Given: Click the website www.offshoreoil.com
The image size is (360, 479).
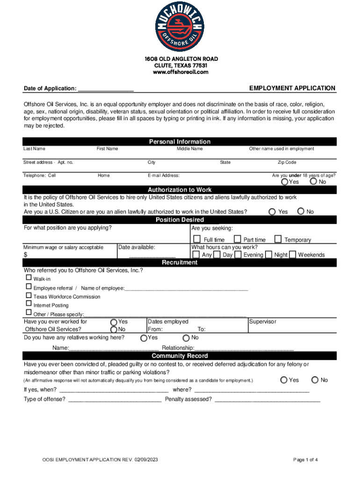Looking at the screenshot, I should pyautogui.click(x=180, y=73).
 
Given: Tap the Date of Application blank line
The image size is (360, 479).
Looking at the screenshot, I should pyautogui.click(x=106, y=89).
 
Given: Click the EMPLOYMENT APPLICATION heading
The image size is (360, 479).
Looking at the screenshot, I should pyautogui.click(x=292, y=88).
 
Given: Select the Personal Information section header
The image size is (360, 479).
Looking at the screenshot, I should pyautogui.click(x=180, y=142).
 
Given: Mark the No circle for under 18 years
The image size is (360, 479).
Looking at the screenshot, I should pyautogui.click(x=313, y=181).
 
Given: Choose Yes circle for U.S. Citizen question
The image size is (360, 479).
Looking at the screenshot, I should pyautogui.click(x=272, y=211).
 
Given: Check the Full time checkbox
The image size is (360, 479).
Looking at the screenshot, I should pyautogui.click(x=197, y=239).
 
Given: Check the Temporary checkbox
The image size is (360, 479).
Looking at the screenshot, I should pyautogui.click(x=278, y=239).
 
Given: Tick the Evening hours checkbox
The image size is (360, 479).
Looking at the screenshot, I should pyautogui.click(x=238, y=254).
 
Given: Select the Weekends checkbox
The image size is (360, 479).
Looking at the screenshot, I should pyautogui.click(x=292, y=254).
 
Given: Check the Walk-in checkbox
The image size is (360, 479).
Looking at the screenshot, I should pyautogui.click(x=29, y=277).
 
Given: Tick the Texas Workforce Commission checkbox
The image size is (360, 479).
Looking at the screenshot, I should pyautogui.click(x=29, y=295).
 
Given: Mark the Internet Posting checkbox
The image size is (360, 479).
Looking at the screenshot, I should pyautogui.click(x=29, y=304).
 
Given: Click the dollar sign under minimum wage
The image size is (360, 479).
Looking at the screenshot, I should pyautogui.click(x=26, y=255).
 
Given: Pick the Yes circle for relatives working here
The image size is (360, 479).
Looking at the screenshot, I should pyautogui.click(x=144, y=338).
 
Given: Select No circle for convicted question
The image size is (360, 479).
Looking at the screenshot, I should pyautogui.click(x=315, y=380).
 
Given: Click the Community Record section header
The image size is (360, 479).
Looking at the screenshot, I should pyautogui.click(x=180, y=356).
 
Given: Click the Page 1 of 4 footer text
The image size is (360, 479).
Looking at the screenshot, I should pyautogui.click(x=305, y=460).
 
